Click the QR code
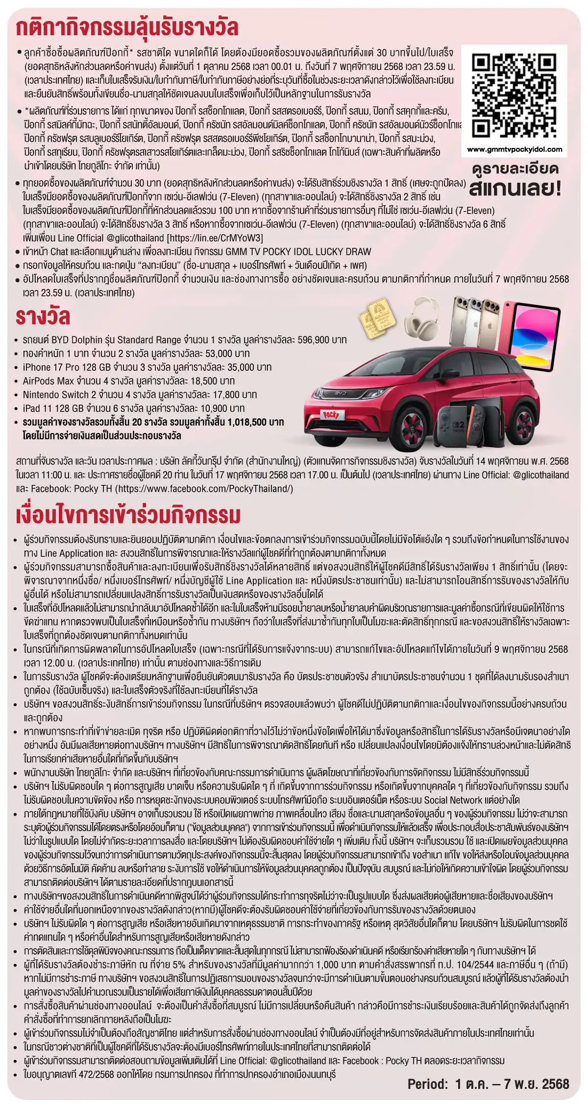pos(514,96)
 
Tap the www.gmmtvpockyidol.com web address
pos(514,150)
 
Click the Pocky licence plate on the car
pos(331,414)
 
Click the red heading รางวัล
pos(43,317)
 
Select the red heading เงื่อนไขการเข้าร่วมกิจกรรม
pos(128,515)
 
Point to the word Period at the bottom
pos(427,1084)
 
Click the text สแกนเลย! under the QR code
pos(514,189)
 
